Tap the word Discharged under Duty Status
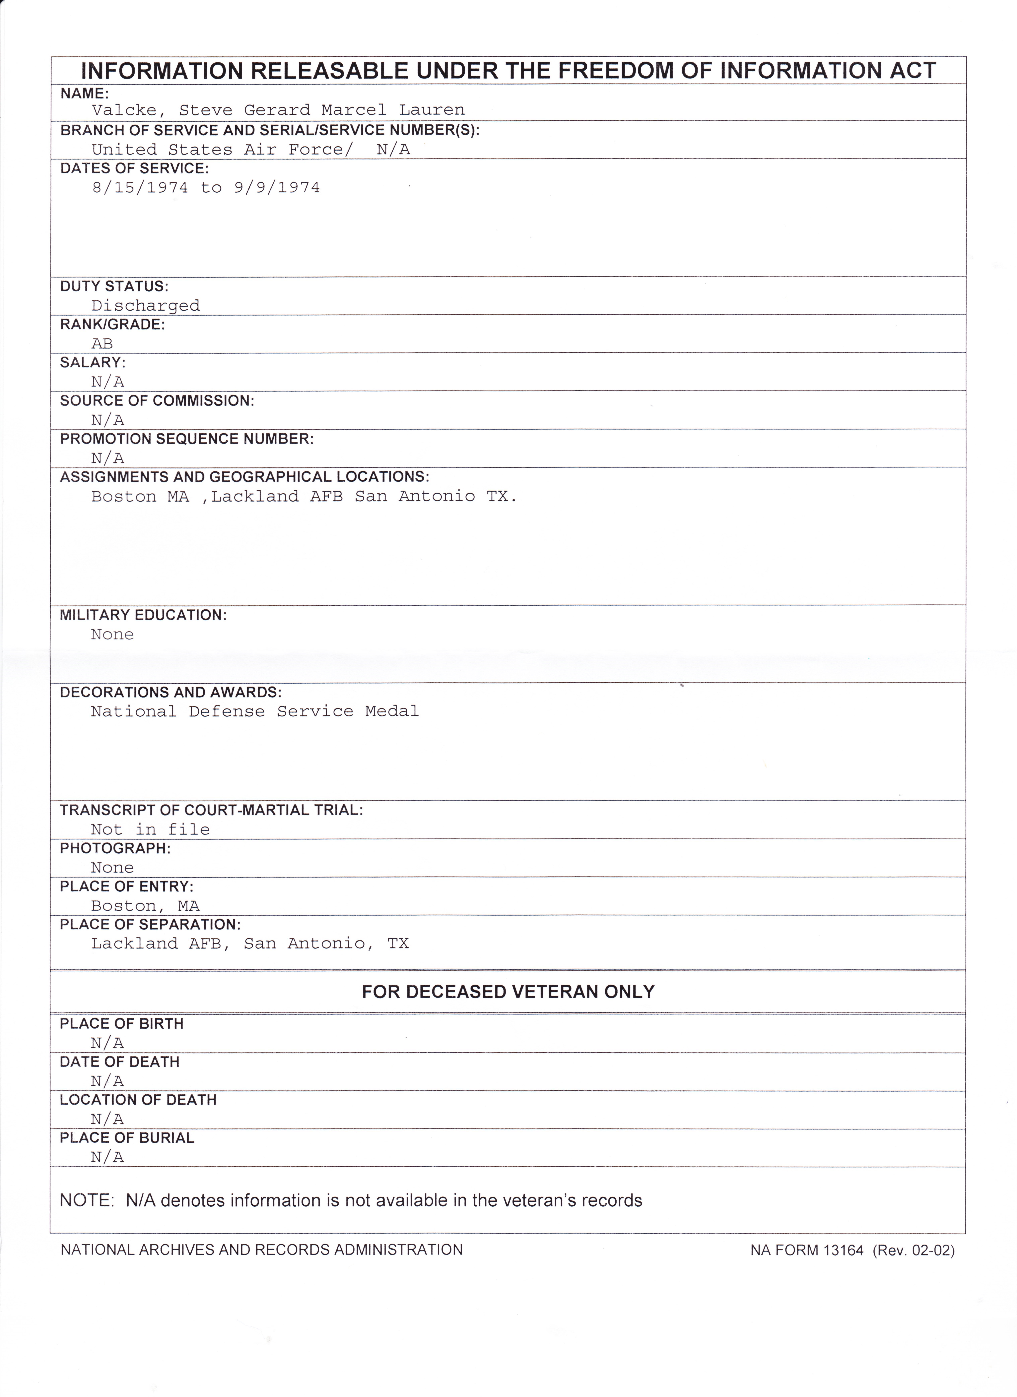(x=145, y=306)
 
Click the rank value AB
(x=102, y=344)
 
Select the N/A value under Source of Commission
(x=108, y=420)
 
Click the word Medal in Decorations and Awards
(x=392, y=711)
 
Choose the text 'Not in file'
(x=150, y=830)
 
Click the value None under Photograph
(x=112, y=868)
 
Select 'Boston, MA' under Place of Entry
(x=145, y=906)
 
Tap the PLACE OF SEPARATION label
(x=150, y=925)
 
